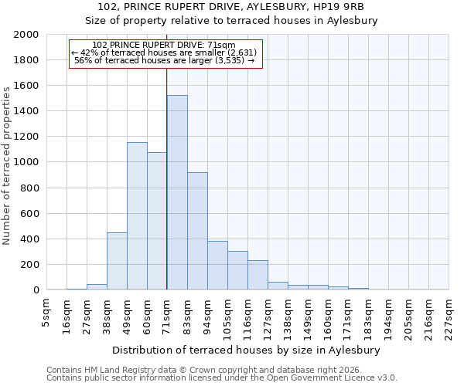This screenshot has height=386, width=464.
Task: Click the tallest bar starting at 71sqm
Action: click(177, 192)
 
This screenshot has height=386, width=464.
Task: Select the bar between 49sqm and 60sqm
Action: click(137, 216)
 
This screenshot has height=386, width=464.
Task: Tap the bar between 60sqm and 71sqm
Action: click(157, 221)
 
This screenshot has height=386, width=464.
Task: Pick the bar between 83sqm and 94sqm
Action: click(197, 231)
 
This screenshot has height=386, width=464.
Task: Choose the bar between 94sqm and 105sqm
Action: click(217, 266)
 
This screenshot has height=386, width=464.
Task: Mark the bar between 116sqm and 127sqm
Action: click(258, 275)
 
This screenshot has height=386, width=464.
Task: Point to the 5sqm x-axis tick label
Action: click(46, 310)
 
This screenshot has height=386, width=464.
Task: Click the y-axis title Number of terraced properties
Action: click(7, 166)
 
